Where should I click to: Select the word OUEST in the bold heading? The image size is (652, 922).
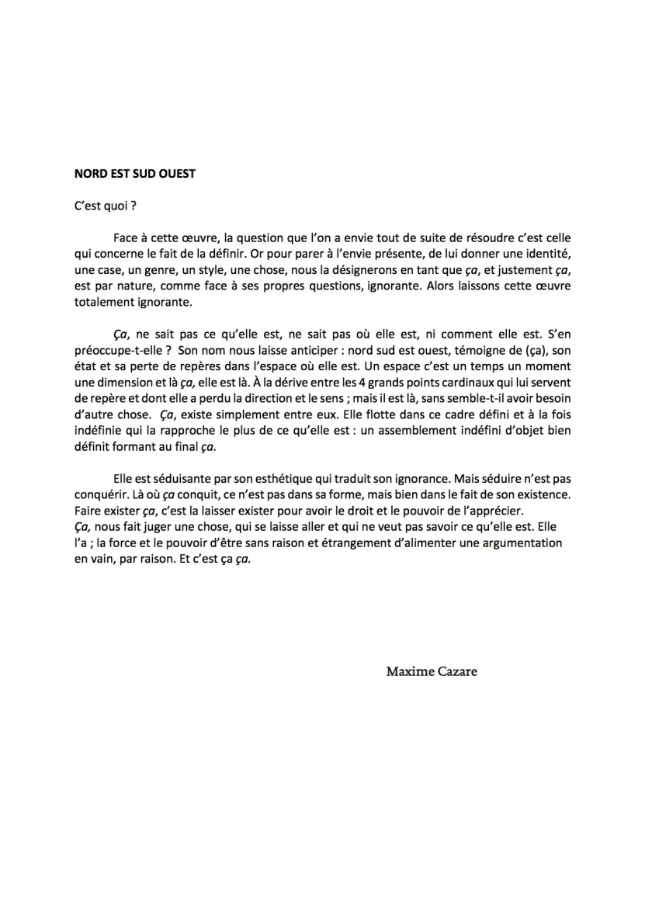175,174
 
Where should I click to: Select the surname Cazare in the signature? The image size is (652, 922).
458,671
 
